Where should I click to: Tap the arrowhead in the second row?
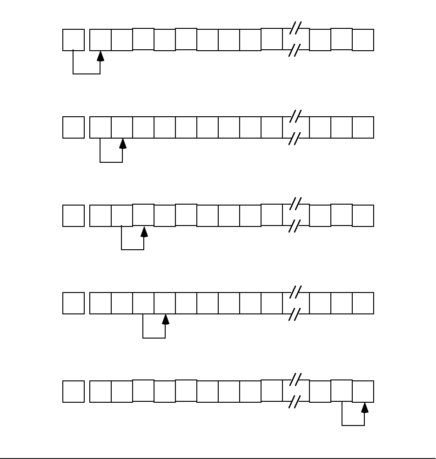(x=123, y=144)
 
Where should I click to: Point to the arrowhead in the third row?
(x=144, y=232)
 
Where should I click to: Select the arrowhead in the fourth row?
(x=166, y=319)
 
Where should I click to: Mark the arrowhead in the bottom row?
(x=365, y=408)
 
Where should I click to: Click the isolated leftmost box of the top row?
(x=74, y=40)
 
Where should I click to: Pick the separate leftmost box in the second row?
(x=74, y=127)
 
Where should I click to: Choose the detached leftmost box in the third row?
(x=74, y=216)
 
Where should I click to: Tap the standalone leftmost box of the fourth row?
(x=74, y=303)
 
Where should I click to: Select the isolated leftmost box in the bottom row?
(x=74, y=392)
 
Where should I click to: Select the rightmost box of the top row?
(x=363, y=40)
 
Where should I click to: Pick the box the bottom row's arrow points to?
(x=363, y=392)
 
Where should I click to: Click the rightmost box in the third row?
(x=363, y=216)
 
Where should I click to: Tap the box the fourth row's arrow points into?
(x=165, y=303)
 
